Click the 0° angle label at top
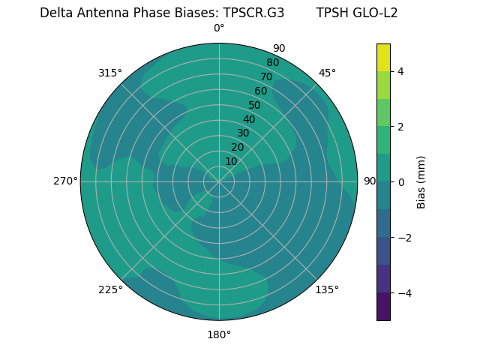tap(219, 28)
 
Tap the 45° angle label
tap(327, 73)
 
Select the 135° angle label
tap(327, 289)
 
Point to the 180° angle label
tap(219, 334)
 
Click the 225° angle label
tap(110, 289)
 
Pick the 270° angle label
tap(65, 181)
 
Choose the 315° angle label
tap(110, 73)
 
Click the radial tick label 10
tap(231, 161)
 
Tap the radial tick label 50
tap(255, 105)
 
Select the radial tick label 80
tap(272, 62)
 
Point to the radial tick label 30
tap(243, 133)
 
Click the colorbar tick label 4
tap(400, 71)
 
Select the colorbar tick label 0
tap(400, 181)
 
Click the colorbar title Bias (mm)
tap(421, 181)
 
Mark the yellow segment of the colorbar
tap(383, 57)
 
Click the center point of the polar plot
tap(219, 181)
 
